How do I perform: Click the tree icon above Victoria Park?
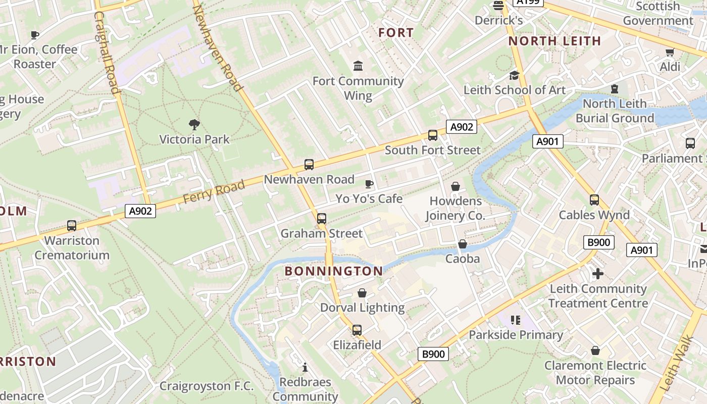[194, 124]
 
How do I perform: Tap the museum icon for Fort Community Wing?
[359, 66]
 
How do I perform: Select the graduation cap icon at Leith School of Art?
[514, 75]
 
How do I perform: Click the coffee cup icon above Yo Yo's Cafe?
[369, 184]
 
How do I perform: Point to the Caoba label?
[462, 259]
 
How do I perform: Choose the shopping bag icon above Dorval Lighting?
[362, 293]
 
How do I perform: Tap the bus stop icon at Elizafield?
[357, 330]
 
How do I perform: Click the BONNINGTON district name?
[334, 271]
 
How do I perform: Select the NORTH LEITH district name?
[554, 41]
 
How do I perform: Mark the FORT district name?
[396, 33]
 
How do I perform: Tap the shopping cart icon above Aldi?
[670, 52]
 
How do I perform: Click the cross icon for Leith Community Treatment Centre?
[598, 274]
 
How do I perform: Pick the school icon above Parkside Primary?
[516, 320]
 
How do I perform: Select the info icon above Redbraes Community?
[305, 367]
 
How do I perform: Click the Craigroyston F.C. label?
[207, 386]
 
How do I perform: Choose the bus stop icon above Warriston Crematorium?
[72, 226]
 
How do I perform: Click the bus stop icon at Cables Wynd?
[594, 200]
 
